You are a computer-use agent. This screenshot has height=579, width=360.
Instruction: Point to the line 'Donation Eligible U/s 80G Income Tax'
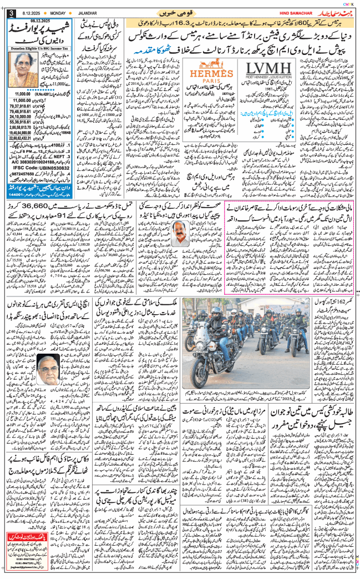coord(37,49)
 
